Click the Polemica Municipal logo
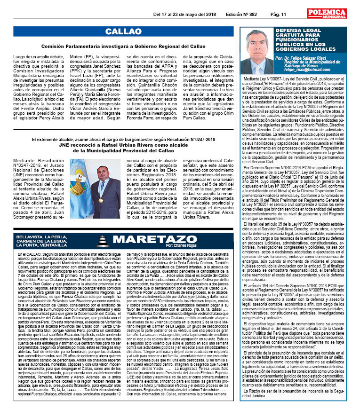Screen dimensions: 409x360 pyautogui.click(x=326, y=13)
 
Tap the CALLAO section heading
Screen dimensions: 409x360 pyautogui.click(x=123, y=31)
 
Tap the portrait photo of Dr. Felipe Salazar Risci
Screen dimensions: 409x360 pyautogui.click(x=257, y=52)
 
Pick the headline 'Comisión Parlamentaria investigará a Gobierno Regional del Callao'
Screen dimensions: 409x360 pyautogui.click(x=123, y=47)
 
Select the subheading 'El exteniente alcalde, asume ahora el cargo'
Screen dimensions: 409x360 pyautogui.click(x=123, y=140)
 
